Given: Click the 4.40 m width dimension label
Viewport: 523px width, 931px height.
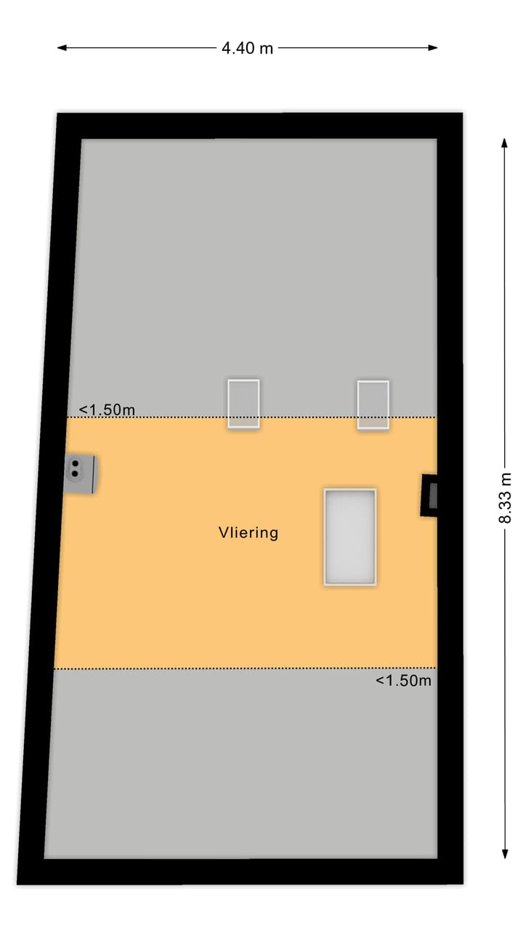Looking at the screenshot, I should pos(248,49).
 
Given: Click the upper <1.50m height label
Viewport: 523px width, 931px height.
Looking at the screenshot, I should pos(107,410).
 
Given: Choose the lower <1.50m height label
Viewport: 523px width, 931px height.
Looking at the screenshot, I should pos(403,681).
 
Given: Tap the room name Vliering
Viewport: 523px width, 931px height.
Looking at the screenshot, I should pos(248,532).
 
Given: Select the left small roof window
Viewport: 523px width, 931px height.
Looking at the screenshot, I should pos(243,404).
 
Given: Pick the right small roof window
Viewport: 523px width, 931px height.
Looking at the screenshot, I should pos(373,404).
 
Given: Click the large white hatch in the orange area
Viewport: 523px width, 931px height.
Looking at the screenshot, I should pos(350,537).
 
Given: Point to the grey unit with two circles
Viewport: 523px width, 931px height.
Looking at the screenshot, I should pos(80,474).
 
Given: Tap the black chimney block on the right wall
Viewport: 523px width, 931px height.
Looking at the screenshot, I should pos(430,495).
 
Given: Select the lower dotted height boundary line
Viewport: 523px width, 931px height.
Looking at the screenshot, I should pos(218,668).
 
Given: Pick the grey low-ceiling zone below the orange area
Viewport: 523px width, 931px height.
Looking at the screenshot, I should pos(240,764).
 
